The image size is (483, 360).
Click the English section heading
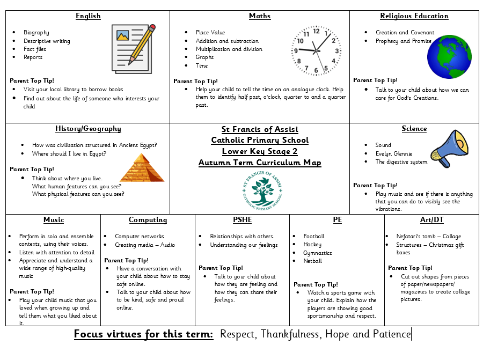click(88, 16)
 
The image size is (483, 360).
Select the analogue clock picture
click(316, 50)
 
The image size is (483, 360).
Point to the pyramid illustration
click(142, 167)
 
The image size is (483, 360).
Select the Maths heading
click(260, 16)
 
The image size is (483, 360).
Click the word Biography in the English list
click(36, 33)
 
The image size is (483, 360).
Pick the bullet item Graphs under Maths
click(204, 57)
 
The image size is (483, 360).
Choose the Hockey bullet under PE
click(312, 245)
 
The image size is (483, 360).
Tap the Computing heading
click(148, 220)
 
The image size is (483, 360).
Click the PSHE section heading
click(242, 220)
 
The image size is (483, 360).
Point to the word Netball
click(313, 261)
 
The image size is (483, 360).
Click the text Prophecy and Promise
click(403, 41)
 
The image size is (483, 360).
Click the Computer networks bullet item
click(140, 237)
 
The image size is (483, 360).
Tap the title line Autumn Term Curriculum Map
click(260, 163)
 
